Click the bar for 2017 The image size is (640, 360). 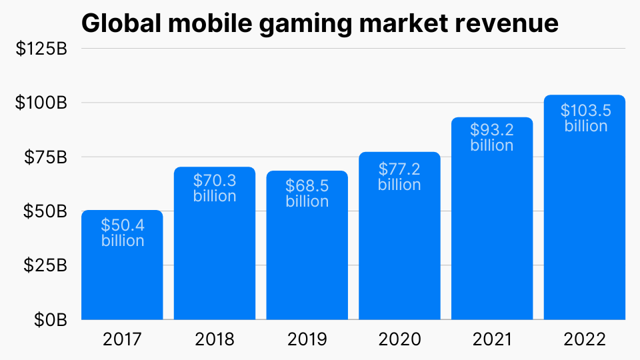pos(122,280)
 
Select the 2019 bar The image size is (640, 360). pos(307,267)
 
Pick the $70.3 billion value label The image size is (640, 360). pos(215,188)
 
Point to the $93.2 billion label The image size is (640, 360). pos(492,137)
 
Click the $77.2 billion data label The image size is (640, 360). pos(399,176)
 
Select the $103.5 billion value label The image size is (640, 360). pos(585,118)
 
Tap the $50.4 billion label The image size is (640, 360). pos(123,232)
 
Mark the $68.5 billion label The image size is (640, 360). pos(307,193)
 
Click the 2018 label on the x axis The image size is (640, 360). pos(215,339)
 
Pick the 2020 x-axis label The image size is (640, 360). pos(399,339)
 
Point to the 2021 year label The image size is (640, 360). pos(492,339)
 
